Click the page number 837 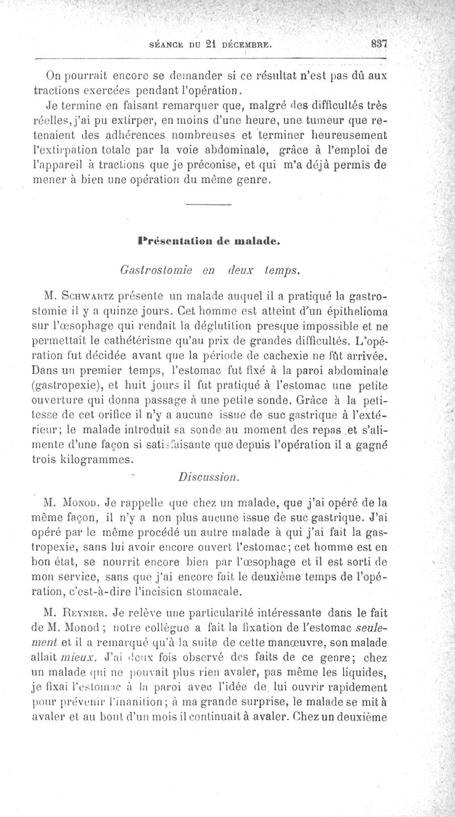(377, 42)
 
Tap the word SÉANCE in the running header (167, 43)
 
